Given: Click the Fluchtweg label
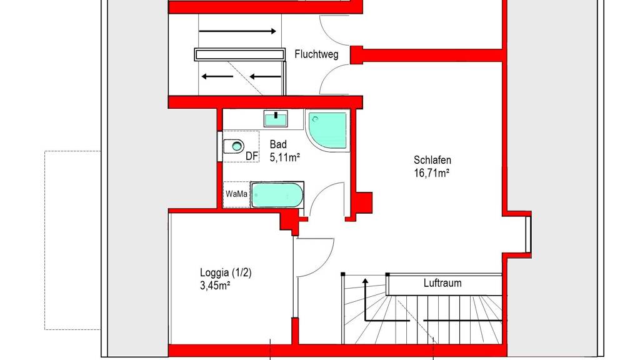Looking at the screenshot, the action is point(316,54).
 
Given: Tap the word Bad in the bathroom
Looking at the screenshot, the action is point(278,144).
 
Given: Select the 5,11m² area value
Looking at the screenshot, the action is point(285,157).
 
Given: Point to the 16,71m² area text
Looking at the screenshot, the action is point(432,173).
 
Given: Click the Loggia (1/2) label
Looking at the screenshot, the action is point(226,272).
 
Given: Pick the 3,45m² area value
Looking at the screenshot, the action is point(215,286).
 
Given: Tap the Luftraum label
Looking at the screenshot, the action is point(442,283).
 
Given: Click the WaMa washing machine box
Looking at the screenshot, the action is point(236,194).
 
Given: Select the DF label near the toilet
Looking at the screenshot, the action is point(252,156).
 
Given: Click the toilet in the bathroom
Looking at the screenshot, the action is point(234,146).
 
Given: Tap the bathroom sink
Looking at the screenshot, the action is point(276,119).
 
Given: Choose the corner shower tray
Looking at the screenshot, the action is point(327,130).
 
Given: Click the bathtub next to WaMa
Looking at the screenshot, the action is point(277,195).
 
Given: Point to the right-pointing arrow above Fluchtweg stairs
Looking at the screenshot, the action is point(237,31).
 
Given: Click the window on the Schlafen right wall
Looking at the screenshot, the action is point(528,234).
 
